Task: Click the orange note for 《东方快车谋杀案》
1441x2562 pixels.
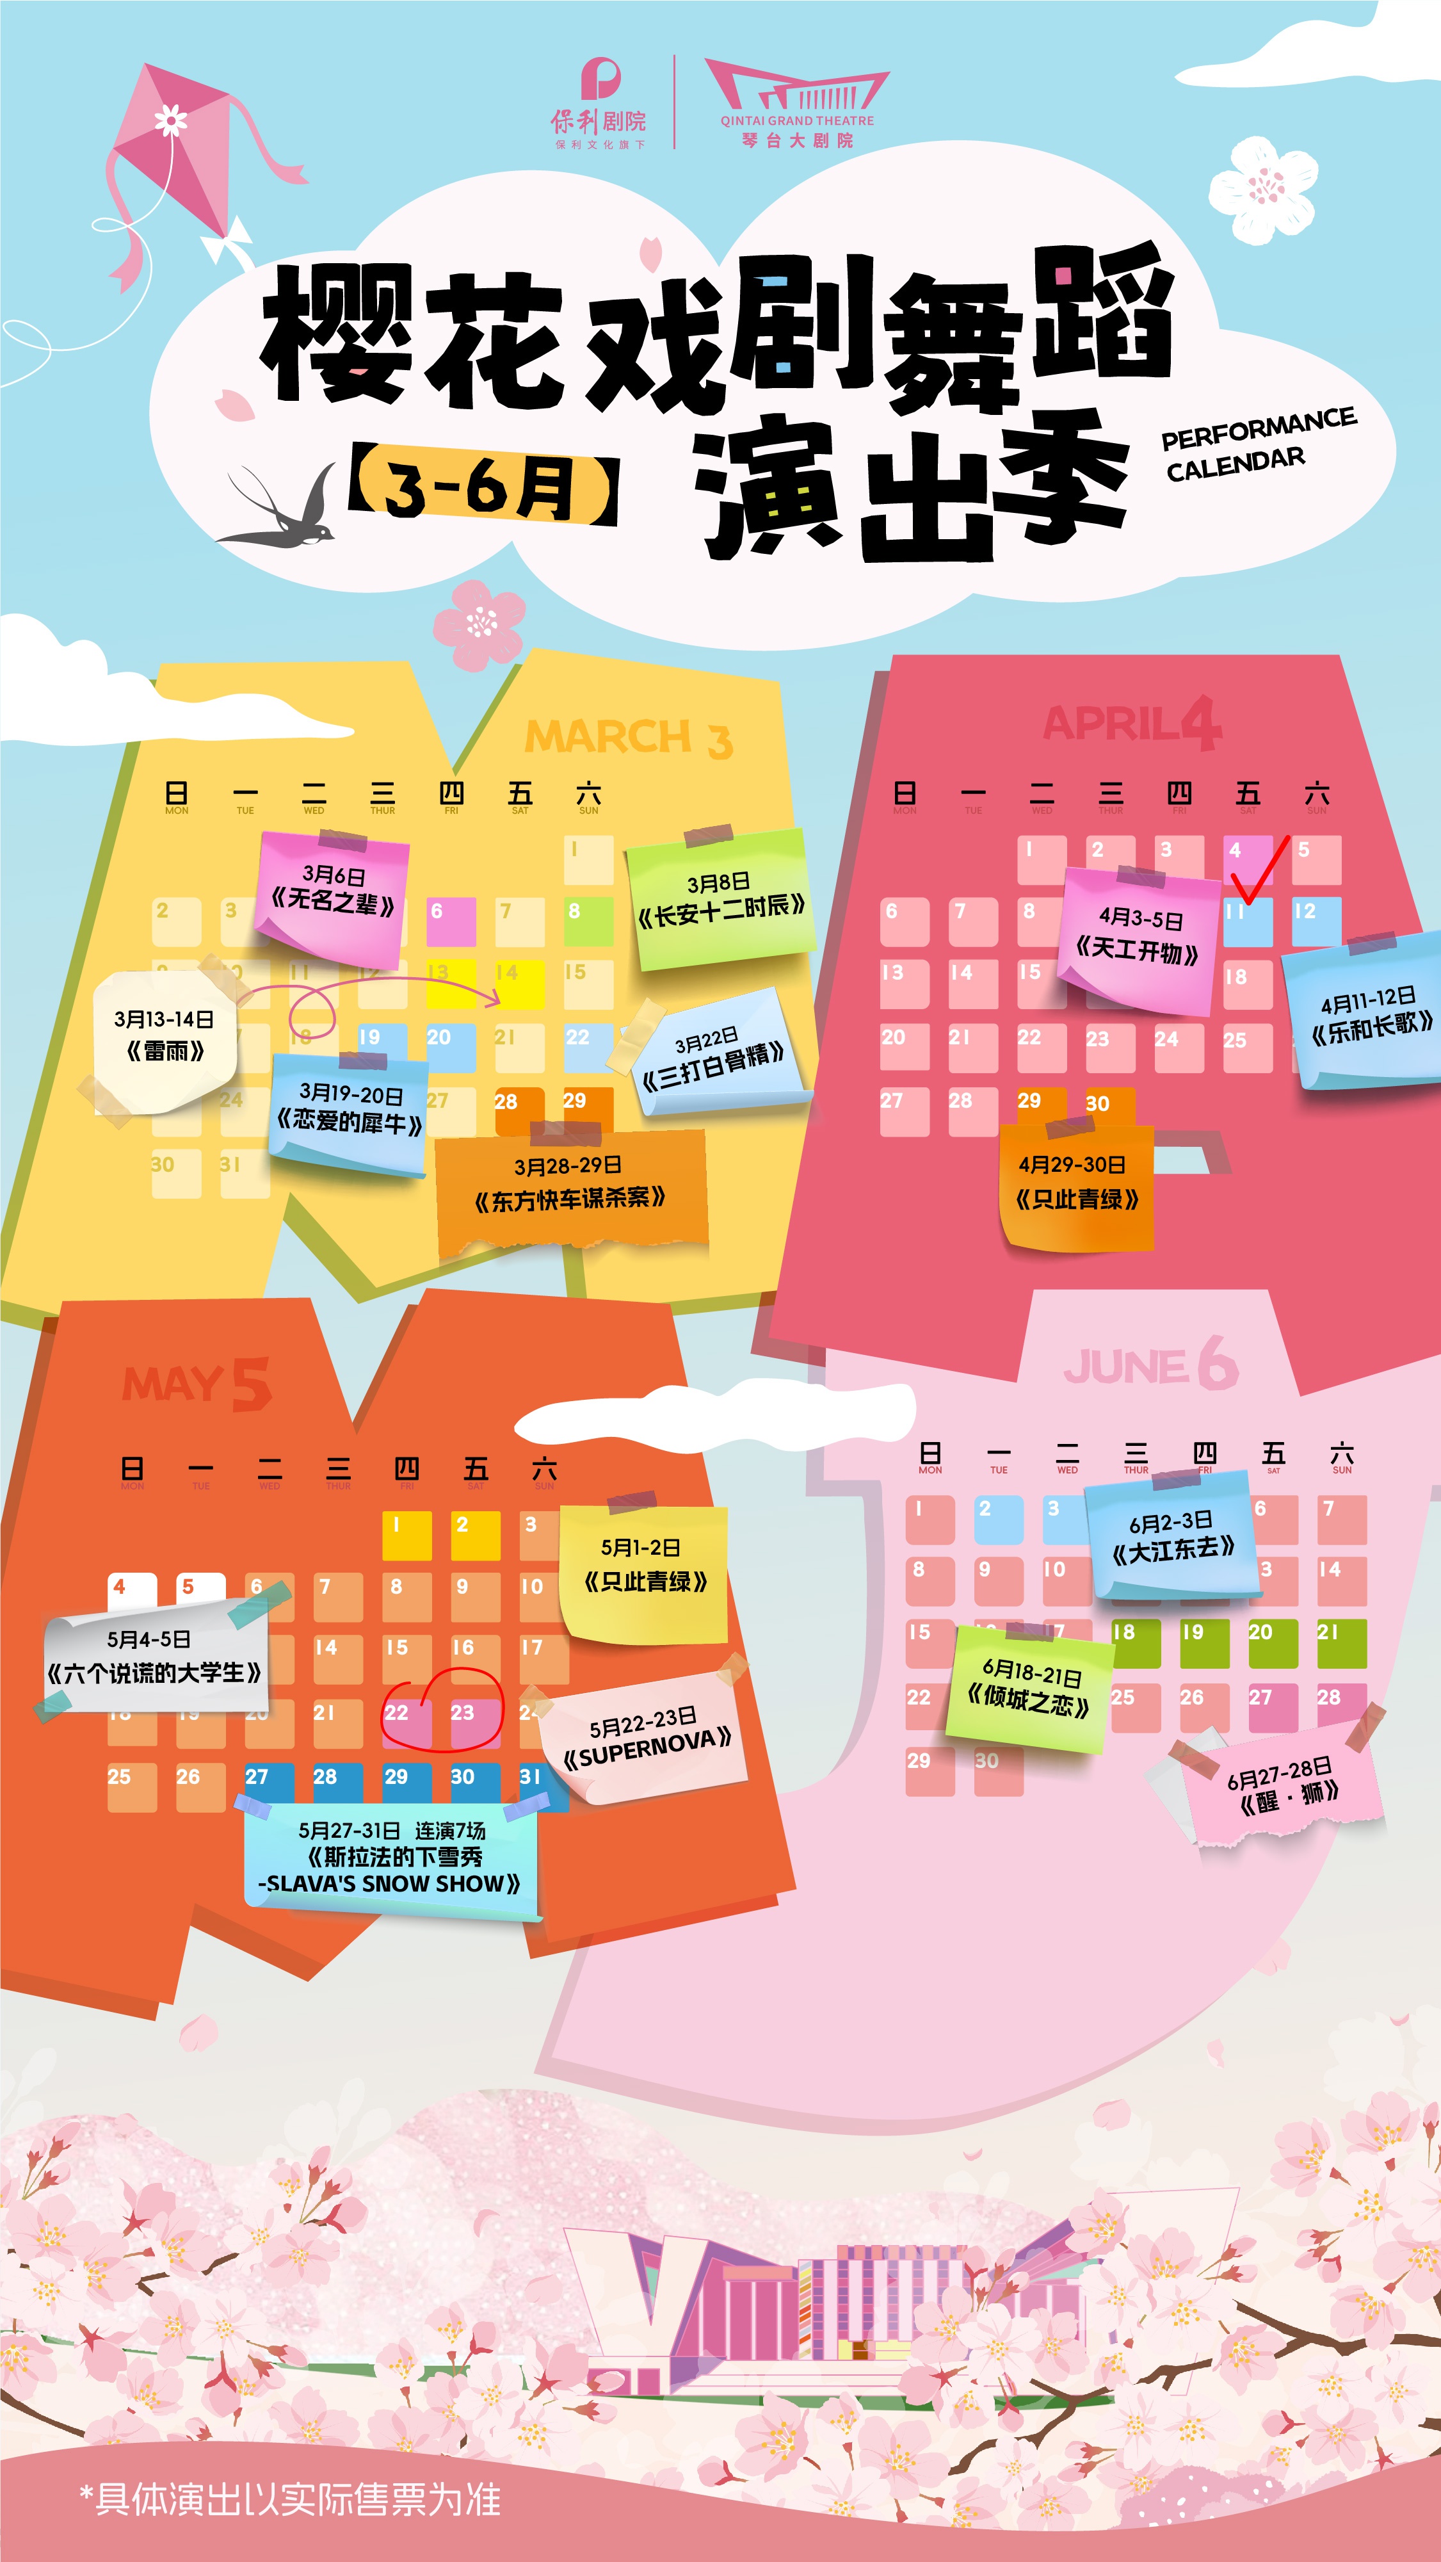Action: pyautogui.click(x=571, y=1185)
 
